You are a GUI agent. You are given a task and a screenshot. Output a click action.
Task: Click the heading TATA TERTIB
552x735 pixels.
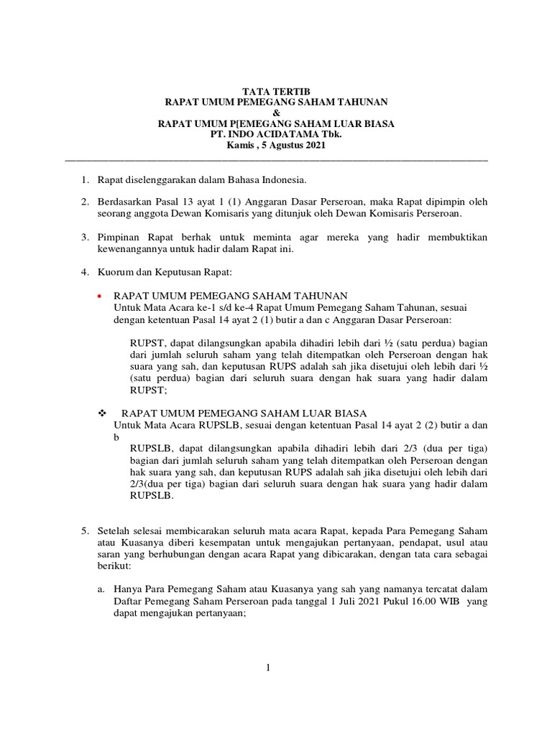pos(276,92)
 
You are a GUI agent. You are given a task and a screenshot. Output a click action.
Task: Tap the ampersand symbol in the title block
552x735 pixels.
pos(276,113)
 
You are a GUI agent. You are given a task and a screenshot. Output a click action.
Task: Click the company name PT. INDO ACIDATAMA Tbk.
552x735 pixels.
pos(276,135)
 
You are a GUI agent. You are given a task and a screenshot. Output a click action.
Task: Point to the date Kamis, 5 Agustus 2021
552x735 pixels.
pos(276,146)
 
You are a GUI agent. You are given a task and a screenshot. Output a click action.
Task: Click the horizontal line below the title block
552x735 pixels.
pos(276,159)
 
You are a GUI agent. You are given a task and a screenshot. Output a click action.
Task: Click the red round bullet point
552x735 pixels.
pos(100,296)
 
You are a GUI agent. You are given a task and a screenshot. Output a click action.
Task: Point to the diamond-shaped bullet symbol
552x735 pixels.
pos(101,413)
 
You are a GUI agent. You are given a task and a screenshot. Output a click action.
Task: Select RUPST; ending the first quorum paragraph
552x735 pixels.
pos(148,390)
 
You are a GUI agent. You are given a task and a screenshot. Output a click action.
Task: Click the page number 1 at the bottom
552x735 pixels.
pos(267,668)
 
